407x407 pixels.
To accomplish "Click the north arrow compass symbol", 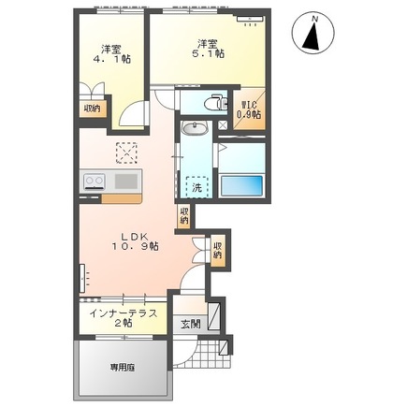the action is pos(313,33).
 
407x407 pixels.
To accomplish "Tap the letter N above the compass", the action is pos(315,19).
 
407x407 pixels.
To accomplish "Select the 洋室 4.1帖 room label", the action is pos(112,54).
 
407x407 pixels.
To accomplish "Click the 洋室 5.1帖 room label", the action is pos(206,49).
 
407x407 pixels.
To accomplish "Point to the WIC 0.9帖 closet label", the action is pos(249,109).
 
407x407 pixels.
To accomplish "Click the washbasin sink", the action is pos(195,128).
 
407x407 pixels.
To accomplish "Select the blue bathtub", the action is pos(241,185).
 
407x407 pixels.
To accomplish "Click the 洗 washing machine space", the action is pos(196,187).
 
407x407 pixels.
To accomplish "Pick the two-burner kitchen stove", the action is pos(94,182).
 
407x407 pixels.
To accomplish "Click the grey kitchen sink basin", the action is pos(126,182).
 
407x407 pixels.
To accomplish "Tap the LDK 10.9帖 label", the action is pos(135,241).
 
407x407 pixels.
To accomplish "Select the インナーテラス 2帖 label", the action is pos(124,318).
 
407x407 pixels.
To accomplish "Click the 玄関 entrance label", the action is pos(191,325).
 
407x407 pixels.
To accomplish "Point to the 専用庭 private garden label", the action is pos(122,368).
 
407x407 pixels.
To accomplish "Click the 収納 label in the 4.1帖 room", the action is pos(92,109).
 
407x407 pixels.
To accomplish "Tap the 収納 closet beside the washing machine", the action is pos(184,216).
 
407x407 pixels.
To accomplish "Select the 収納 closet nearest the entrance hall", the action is pos(217,250).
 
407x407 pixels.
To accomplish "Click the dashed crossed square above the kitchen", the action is pos(126,153).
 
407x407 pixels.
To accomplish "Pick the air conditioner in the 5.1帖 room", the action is pos(250,19).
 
